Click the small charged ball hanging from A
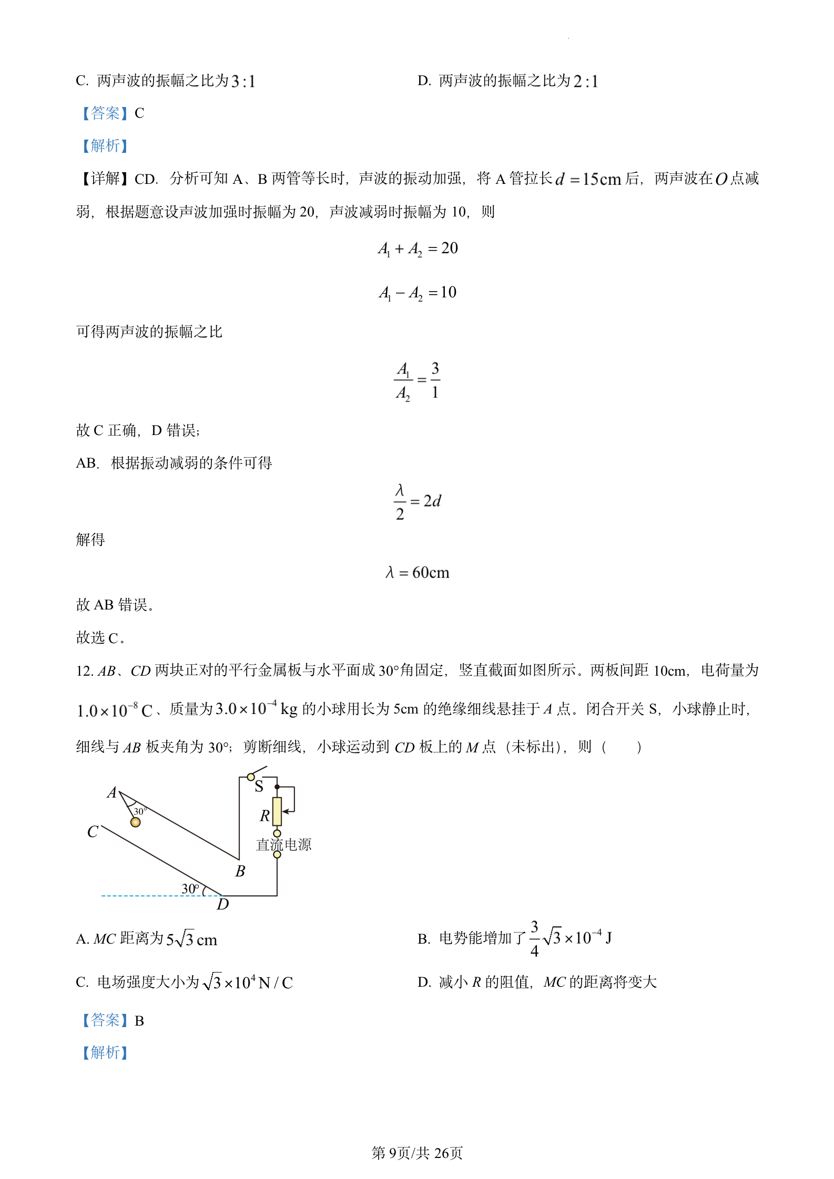click(136, 822)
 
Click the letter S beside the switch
click(259, 787)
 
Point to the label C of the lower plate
click(93, 832)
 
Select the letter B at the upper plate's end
click(240, 872)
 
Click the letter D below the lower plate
click(223, 904)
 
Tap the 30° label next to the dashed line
click(190, 889)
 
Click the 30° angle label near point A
click(140, 811)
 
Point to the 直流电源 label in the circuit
click(283, 845)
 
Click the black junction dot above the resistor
click(277, 787)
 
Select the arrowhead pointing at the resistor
click(285, 812)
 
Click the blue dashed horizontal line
click(152, 895)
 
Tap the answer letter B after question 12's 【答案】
click(139, 1021)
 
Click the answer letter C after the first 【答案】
click(139, 113)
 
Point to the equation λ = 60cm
click(418, 572)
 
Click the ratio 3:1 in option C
click(243, 81)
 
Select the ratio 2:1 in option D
click(585, 81)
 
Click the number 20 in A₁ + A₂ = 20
click(450, 248)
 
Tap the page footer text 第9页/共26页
click(417, 1153)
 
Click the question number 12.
click(84, 671)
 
